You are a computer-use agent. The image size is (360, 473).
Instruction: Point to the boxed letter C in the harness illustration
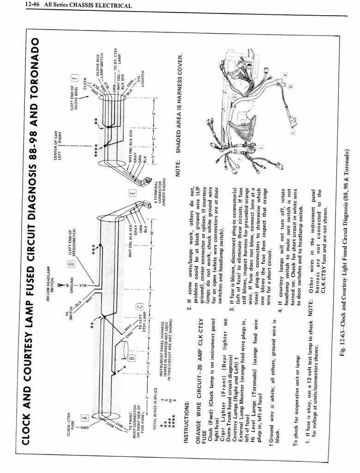[293, 133]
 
